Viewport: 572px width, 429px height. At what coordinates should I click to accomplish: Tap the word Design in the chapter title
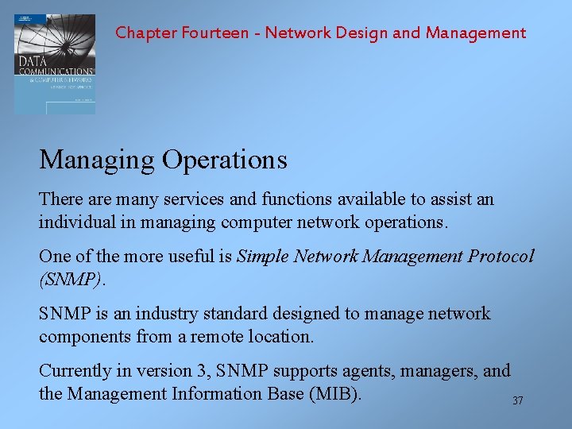tap(364, 33)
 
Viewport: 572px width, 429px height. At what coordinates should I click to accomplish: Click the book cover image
tap(54, 64)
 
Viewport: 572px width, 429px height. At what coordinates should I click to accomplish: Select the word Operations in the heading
tap(225, 160)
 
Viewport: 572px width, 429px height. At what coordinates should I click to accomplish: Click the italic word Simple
tap(265, 257)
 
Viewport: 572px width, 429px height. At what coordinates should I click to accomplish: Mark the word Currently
tap(75, 371)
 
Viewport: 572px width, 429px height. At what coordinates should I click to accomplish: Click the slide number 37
tap(518, 401)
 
